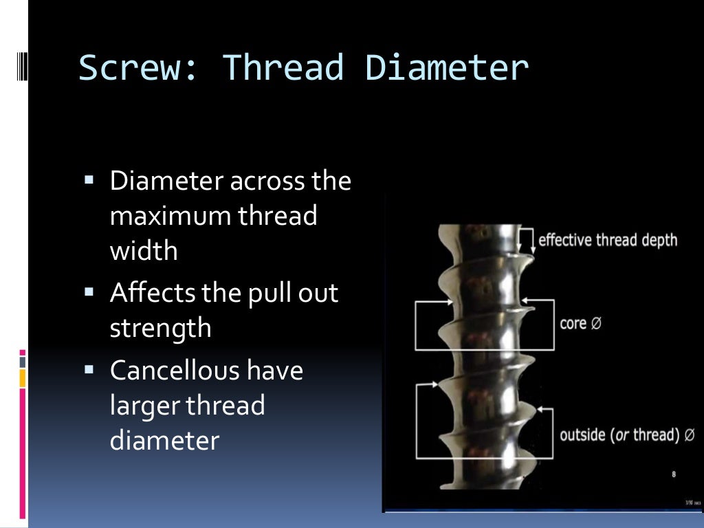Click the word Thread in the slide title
283,68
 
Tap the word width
144,251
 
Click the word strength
160,328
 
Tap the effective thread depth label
607,240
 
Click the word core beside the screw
573,323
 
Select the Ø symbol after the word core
596,323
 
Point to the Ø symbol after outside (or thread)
690,436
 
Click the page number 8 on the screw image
674,474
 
